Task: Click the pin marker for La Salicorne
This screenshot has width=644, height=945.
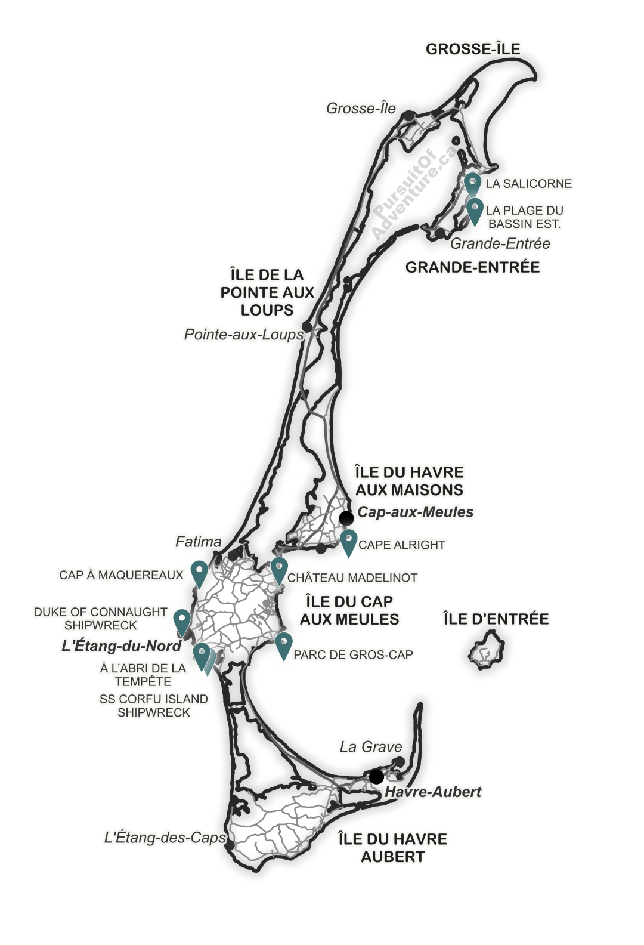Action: [x=473, y=181]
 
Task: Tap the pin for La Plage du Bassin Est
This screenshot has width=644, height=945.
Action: [x=474, y=209]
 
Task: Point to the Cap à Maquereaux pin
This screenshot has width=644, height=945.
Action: [x=199, y=573]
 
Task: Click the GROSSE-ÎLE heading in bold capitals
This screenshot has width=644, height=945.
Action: [x=473, y=49]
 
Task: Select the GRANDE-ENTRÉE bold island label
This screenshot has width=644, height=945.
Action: [x=473, y=267]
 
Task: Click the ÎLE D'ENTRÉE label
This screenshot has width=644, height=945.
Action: [x=496, y=619]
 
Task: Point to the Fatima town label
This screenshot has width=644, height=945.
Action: [x=199, y=542]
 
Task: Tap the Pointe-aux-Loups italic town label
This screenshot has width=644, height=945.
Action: [x=243, y=335]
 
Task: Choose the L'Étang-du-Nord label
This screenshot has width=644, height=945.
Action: [x=121, y=646]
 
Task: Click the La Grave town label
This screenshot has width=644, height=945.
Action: [x=370, y=746]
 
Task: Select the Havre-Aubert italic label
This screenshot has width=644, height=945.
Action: [x=432, y=792]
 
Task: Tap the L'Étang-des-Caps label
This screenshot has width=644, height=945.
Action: [x=165, y=838]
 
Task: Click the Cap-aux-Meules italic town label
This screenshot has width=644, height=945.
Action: [x=415, y=512]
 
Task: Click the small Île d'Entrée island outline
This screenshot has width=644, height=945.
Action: [x=487, y=653]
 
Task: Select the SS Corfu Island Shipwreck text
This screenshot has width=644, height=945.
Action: [x=154, y=705]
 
